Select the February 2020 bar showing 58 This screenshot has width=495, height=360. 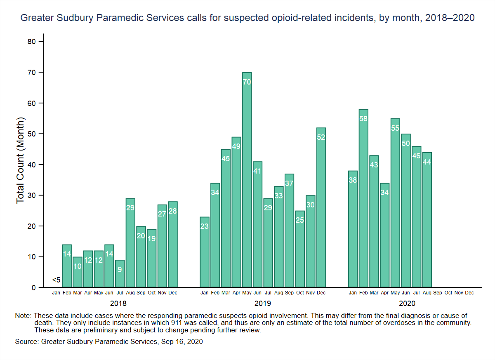[x=363, y=198]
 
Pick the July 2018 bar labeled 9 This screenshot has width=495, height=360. [x=120, y=274]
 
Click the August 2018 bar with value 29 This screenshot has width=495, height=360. [x=130, y=243]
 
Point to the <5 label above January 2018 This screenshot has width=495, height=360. [x=57, y=280]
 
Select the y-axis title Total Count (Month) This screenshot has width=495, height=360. [x=21, y=160]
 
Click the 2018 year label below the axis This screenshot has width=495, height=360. [x=118, y=304]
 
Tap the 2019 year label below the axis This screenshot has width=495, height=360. [x=263, y=304]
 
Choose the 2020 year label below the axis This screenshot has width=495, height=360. [x=411, y=304]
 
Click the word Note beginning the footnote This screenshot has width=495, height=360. [x=22, y=316]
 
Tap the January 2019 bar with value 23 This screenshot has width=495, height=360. [x=205, y=252]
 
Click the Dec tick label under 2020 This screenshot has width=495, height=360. [x=469, y=293]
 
